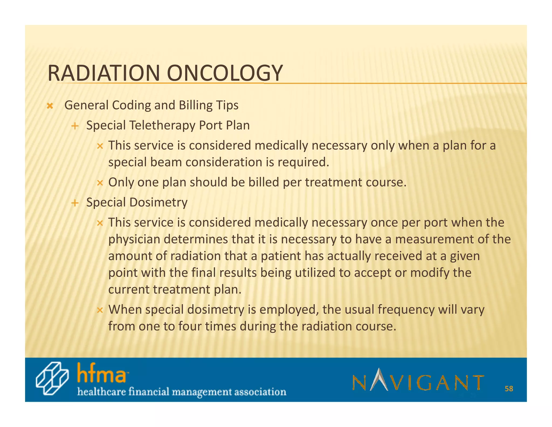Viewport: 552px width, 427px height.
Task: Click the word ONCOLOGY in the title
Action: pyautogui.click(x=225, y=73)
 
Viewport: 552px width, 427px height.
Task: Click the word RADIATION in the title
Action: pyautogui.click(x=103, y=73)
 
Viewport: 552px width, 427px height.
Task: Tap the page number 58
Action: pyautogui.click(x=509, y=389)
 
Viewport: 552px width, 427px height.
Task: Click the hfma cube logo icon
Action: pyautogui.click(x=52, y=378)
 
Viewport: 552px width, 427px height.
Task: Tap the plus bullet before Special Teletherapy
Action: pyautogui.click(x=75, y=126)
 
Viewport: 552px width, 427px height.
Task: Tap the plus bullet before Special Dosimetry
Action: pyautogui.click(x=75, y=203)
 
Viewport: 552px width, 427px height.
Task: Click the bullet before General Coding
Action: pyautogui.click(x=50, y=106)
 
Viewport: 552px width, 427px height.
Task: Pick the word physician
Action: pyautogui.click(x=134, y=240)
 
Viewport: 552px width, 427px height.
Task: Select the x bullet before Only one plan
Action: pyautogui.click(x=100, y=183)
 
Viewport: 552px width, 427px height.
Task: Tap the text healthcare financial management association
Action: pyautogui.click(x=182, y=392)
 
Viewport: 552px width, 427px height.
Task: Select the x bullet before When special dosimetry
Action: pyautogui.click(x=100, y=310)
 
